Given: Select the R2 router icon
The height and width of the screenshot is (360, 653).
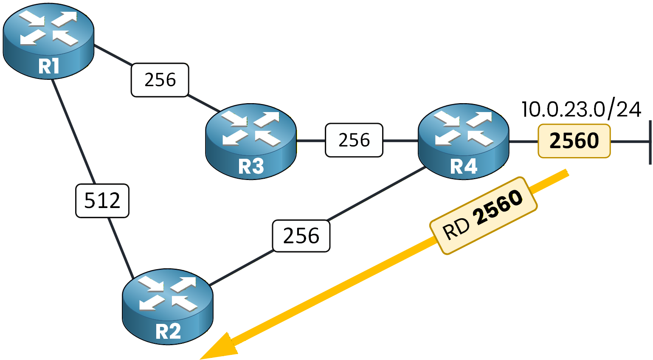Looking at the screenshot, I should point(168,307).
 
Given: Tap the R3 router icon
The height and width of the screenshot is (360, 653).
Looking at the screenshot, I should point(251,141).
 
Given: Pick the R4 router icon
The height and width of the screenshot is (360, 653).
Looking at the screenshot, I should point(464,141).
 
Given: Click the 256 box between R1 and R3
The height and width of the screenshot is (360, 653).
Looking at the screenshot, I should point(160,80).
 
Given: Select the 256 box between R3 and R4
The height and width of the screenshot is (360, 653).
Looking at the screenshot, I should point(354,140).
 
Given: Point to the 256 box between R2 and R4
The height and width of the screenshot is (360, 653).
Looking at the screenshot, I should point(301,236).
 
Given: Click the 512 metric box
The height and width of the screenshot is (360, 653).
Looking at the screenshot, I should point(102,200).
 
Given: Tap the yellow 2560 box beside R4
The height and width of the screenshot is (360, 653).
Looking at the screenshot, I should point(574,141).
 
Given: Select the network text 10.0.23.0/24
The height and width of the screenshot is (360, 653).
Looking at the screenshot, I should point(581,110).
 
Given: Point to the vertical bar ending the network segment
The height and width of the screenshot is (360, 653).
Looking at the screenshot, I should point(650,142).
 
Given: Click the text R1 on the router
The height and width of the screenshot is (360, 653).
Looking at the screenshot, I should point(48,67).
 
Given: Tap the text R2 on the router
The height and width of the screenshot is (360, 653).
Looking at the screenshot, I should point(168,332).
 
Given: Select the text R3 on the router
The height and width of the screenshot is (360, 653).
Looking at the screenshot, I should point(251,166).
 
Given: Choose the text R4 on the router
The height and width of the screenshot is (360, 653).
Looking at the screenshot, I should point(464,166).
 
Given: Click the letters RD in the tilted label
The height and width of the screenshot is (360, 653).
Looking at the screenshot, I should point(456,229).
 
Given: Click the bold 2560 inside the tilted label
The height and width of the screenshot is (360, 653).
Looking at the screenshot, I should point(498,207).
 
